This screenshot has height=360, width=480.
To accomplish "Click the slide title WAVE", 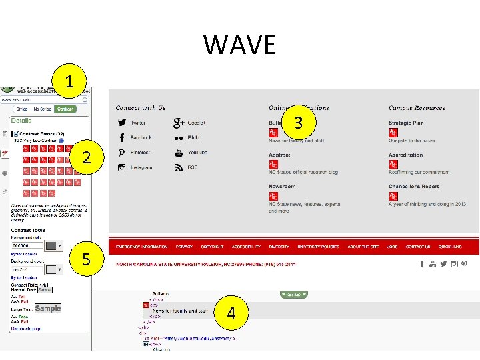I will (240, 45).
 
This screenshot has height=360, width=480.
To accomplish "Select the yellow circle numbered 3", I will (298, 123).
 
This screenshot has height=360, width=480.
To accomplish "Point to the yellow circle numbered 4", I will (231, 313).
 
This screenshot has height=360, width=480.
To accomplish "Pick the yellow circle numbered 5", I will (86, 258).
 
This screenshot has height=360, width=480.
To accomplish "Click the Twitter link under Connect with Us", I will (138, 123).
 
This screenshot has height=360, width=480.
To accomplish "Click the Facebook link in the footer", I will (141, 137).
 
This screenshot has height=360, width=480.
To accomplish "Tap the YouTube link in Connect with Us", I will (197, 153).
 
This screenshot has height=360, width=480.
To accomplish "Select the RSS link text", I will (192, 168).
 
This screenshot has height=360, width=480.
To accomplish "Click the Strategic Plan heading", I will (406, 123).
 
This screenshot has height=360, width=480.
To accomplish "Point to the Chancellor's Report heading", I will (413, 187).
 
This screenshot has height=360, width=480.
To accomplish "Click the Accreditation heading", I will (405, 155).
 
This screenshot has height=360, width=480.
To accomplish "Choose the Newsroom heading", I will (282, 187).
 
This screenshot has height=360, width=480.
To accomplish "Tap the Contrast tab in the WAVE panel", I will (65, 109).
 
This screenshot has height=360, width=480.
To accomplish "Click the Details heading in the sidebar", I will (21, 121).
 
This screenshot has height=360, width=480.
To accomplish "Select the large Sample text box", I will (48, 309).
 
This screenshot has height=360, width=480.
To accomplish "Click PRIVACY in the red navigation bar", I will (184, 247).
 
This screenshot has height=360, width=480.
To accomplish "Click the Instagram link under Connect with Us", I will (141, 168).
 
